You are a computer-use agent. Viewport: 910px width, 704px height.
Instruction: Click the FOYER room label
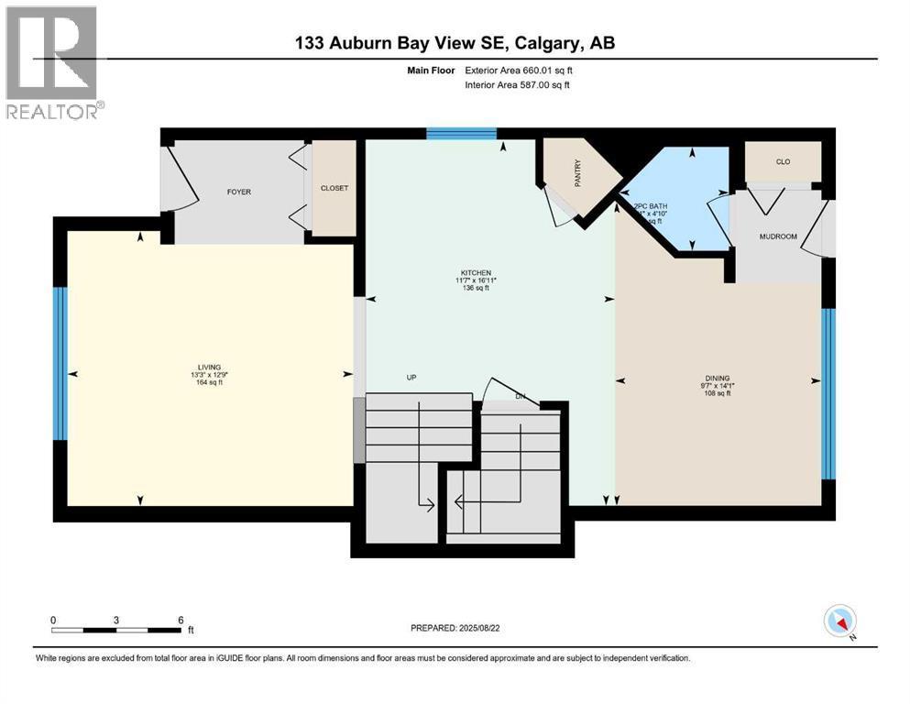coord(239,192)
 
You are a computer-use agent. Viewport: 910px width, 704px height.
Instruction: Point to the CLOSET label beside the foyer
coord(334,188)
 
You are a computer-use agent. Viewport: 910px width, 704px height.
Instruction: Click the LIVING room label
coord(207,367)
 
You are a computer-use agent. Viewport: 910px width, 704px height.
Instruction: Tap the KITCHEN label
coord(476,272)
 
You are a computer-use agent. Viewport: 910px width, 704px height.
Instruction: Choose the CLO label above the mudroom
coord(782,162)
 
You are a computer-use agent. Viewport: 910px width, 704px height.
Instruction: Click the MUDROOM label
coord(778,236)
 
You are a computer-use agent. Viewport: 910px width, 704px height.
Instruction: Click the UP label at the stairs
coord(412,377)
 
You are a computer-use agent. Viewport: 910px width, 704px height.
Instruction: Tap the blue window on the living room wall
coord(60,364)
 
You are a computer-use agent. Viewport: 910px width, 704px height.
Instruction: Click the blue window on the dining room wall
coord(828,393)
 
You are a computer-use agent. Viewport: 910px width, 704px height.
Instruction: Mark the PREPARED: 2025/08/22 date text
coord(455,628)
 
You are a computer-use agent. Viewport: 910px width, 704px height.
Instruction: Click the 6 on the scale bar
coord(180,620)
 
